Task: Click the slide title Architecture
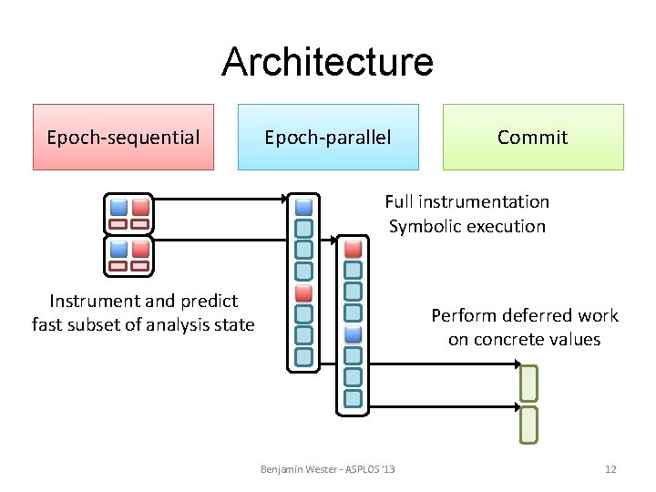pos(327,62)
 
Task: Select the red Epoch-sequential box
pos(123,137)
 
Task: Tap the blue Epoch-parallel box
pos(328,137)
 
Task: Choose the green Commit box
pos(533,137)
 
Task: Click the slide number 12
pos(610,469)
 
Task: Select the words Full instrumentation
pos(466,201)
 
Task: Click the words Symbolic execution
pos(466,226)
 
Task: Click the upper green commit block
pos(528,383)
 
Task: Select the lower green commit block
pos(528,425)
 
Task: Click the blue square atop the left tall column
pos(304,206)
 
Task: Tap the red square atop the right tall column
pos(353,248)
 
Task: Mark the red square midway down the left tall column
pos(304,293)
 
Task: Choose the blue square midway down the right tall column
pos(353,333)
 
